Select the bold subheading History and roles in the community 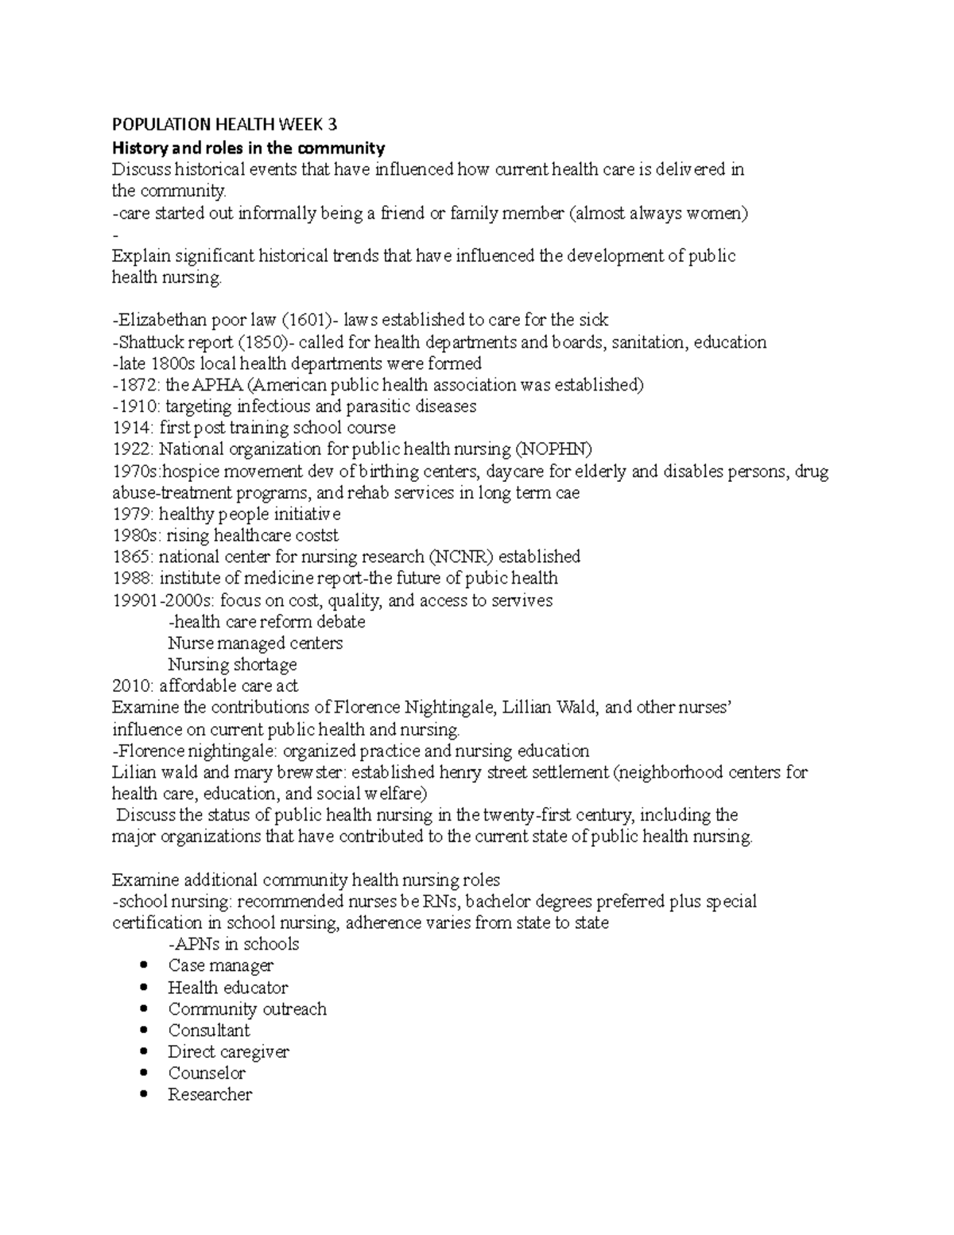pos(248,148)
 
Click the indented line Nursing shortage pos(232,664)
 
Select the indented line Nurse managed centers pos(255,643)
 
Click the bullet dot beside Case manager pos(143,965)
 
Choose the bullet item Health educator pos(227,988)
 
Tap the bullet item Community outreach pos(247,1009)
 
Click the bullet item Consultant pos(208,1031)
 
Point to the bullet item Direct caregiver pos(228,1052)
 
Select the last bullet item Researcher pos(210,1095)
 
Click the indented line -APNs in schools pos(234,944)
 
